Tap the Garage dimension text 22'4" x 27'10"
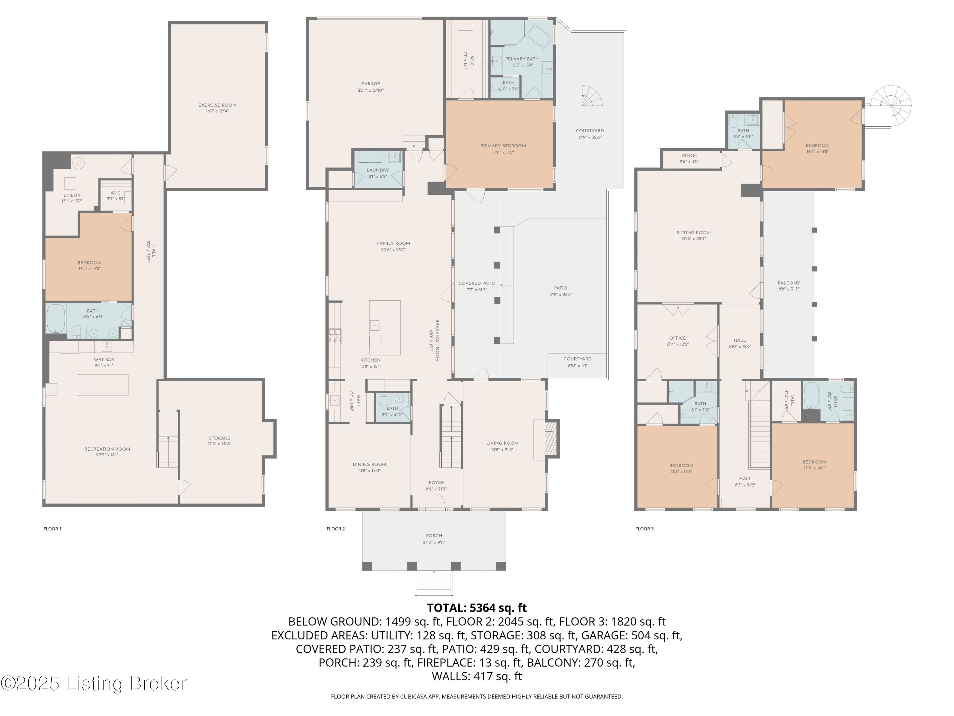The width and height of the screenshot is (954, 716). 370,90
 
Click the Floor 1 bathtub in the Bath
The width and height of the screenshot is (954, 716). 56,319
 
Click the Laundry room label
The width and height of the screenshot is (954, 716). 377,170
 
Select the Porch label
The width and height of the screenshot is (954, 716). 433,536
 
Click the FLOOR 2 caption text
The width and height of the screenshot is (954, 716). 335,529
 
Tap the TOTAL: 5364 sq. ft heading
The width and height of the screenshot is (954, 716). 477,608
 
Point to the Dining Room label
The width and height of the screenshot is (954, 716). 369,464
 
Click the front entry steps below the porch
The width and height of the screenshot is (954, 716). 434,583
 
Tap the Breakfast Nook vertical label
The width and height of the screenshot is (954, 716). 437,340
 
